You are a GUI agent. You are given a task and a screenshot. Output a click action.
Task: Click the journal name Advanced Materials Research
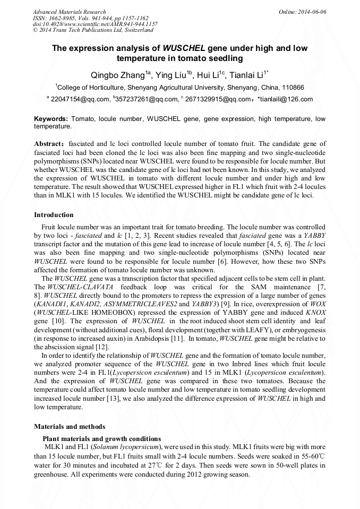tap(69, 12)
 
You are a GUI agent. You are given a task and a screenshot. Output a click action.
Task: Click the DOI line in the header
tap(95, 24)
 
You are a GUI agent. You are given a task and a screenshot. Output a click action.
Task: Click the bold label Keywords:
tap(51, 119)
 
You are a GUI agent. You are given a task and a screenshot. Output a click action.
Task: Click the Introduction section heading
tap(54, 215)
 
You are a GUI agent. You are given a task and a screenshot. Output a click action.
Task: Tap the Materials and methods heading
tap(70, 426)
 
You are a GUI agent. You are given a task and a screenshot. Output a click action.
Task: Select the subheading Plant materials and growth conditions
tap(101, 438)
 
